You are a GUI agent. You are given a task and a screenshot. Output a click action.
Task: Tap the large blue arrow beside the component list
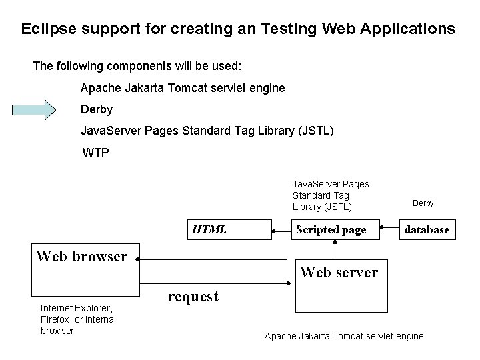pyautogui.click(x=47, y=109)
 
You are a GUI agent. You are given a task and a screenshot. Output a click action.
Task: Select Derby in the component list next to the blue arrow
pyautogui.click(x=97, y=109)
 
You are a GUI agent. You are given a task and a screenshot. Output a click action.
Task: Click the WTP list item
pyautogui.click(x=95, y=153)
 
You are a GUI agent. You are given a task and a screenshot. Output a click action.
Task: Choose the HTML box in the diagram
pyautogui.click(x=210, y=230)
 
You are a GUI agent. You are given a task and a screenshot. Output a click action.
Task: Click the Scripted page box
pyautogui.click(x=331, y=230)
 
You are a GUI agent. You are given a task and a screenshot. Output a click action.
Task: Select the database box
pyautogui.click(x=427, y=230)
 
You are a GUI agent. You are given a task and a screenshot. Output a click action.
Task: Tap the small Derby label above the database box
pyautogui.click(x=423, y=203)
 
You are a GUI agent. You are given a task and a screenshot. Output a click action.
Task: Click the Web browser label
pyautogui.click(x=81, y=256)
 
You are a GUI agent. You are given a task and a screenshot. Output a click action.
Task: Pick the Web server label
pyautogui.click(x=339, y=272)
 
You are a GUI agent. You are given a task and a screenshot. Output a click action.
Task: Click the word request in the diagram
pyautogui.click(x=193, y=296)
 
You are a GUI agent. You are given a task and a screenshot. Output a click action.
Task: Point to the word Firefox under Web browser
pyautogui.click(x=57, y=319)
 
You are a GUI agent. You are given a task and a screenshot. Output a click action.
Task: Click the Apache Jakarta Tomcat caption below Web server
pyautogui.click(x=343, y=336)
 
